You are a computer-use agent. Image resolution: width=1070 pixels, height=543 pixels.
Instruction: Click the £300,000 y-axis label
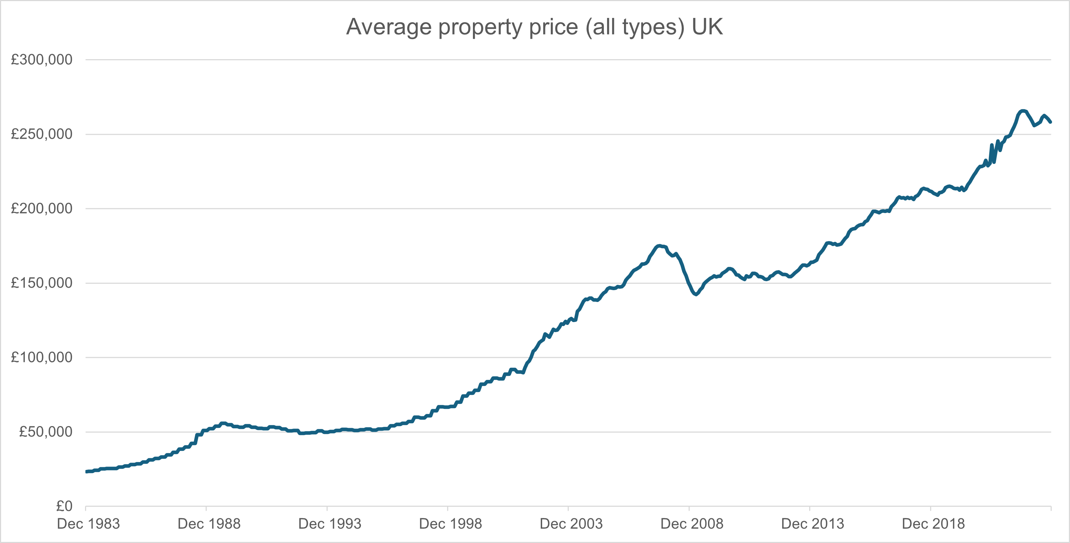click(x=42, y=60)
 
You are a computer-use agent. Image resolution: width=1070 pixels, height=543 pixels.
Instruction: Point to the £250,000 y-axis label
click(x=42, y=134)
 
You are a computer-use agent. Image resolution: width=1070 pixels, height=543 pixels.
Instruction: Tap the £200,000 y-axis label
click(x=42, y=208)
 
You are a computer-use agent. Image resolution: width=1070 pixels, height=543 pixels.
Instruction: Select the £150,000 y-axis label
click(x=42, y=283)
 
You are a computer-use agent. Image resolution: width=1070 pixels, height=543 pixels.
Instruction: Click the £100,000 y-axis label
click(x=42, y=358)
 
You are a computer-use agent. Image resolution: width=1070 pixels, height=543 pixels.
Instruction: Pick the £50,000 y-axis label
click(x=46, y=432)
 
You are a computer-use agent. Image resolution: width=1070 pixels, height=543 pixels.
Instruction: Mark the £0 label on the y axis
click(x=64, y=506)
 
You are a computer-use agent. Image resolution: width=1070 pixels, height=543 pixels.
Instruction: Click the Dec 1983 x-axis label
click(x=88, y=524)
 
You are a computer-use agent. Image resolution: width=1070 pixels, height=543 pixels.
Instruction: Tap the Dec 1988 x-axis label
click(x=209, y=524)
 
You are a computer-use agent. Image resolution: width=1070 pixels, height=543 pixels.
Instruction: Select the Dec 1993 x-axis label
click(x=330, y=524)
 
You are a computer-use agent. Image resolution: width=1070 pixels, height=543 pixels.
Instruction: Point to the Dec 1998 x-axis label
click(x=450, y=524)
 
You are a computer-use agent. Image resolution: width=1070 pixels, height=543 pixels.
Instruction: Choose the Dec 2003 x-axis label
click(x=571, y=524)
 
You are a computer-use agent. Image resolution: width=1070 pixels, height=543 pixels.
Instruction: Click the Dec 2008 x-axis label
click(x=691, y=524)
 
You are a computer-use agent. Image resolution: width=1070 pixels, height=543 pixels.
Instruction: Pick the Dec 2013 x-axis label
click(x=812, y=524)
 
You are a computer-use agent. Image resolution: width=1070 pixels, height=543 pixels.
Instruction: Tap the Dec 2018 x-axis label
click(x=933, y=524)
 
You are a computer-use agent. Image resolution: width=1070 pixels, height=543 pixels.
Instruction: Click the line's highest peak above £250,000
click(x=1023, y=111)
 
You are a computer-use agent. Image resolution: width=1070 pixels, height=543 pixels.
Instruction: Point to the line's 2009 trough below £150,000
click(x=696, y=294)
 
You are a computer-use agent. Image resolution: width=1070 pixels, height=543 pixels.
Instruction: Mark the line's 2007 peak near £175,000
click(x=659, y=246)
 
